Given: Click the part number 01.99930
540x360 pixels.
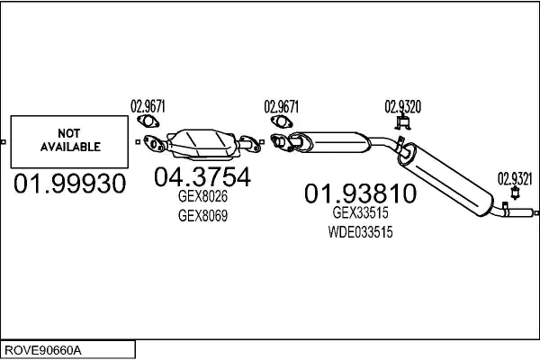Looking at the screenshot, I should pos(68,185).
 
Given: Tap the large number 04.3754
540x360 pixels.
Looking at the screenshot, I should pos(202,177).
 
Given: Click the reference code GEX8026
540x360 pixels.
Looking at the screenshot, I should pos(202,198).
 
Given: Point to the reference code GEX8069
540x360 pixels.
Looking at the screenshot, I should pos(202,216).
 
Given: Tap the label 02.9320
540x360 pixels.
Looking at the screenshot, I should pos(403,104).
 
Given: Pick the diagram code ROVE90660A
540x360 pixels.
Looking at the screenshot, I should pos(45,348).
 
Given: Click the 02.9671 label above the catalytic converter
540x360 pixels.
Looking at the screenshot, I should pos(148,104).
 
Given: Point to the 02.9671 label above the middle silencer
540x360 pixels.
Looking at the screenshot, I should pos(282,104).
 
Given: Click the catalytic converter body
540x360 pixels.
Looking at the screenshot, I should pos(205,140).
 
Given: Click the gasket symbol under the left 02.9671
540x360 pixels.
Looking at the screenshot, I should pos(148,122).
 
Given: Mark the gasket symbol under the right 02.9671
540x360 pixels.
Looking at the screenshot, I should pos(282,122).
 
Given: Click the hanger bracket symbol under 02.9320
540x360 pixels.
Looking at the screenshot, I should pos(403,122).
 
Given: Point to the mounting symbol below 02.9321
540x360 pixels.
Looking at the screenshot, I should pos(516,193).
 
